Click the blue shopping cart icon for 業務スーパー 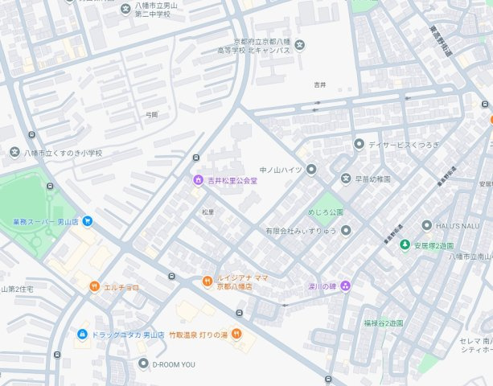86,221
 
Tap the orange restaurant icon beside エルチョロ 94,286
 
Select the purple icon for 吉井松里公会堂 197,180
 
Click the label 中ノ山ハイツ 280,170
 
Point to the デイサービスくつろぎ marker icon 359,144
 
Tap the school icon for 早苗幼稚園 345,179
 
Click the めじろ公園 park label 325,212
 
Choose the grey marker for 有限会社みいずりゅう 345,231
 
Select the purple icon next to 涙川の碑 345,285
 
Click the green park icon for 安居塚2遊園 405,244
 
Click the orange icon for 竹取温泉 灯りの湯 236,333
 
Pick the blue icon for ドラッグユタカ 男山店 81,334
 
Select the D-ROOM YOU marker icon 143,363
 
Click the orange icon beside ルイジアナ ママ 207,281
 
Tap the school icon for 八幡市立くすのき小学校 14,153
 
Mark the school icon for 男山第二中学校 125,10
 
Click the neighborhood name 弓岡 152,115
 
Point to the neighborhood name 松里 208,212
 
